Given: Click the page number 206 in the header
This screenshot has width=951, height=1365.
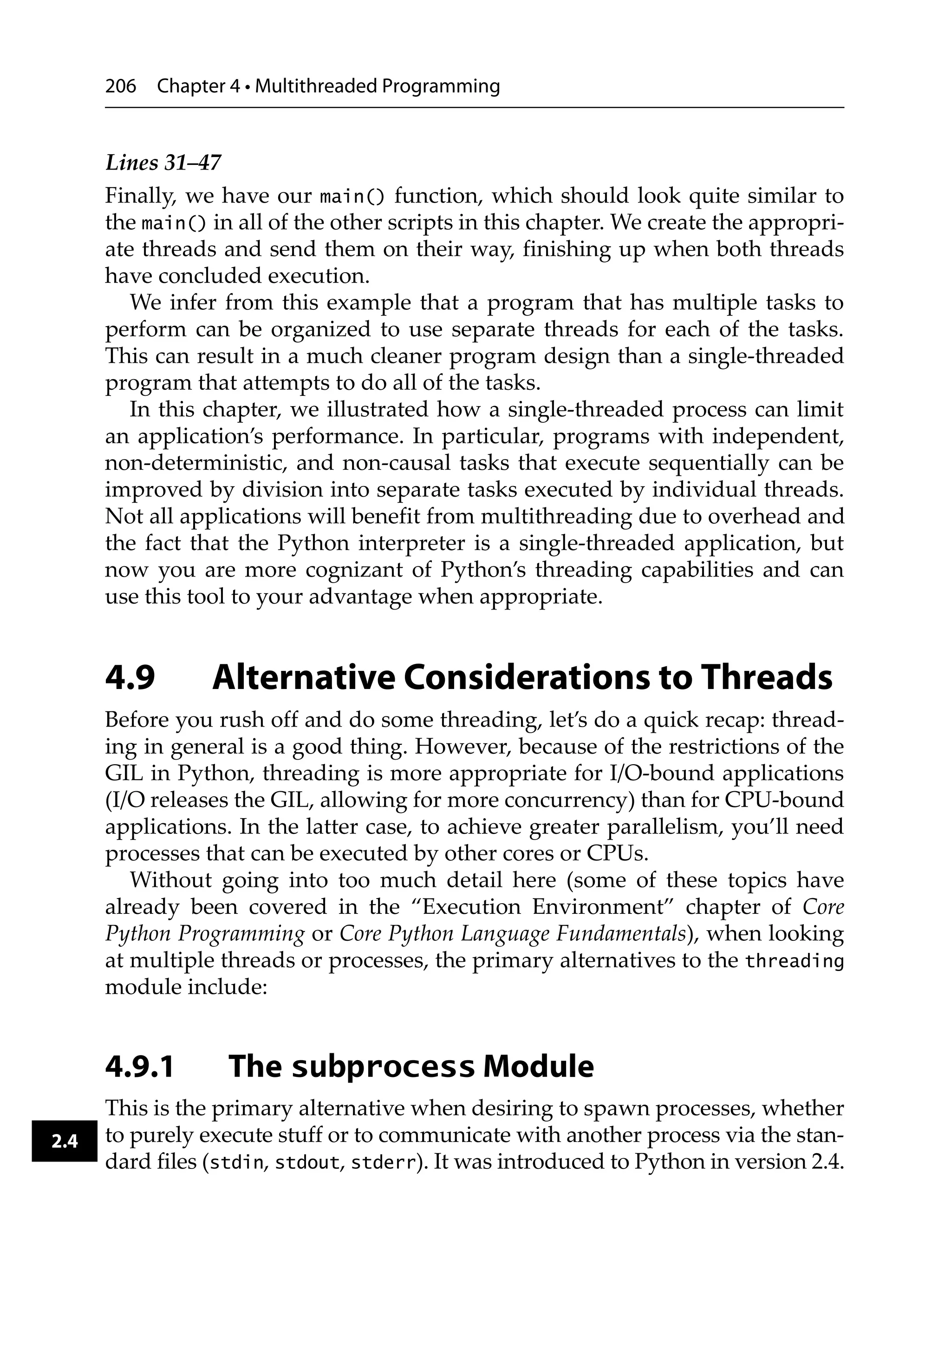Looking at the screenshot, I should click(120, 87).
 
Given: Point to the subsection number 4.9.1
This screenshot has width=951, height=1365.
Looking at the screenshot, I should click(139, 1066).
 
